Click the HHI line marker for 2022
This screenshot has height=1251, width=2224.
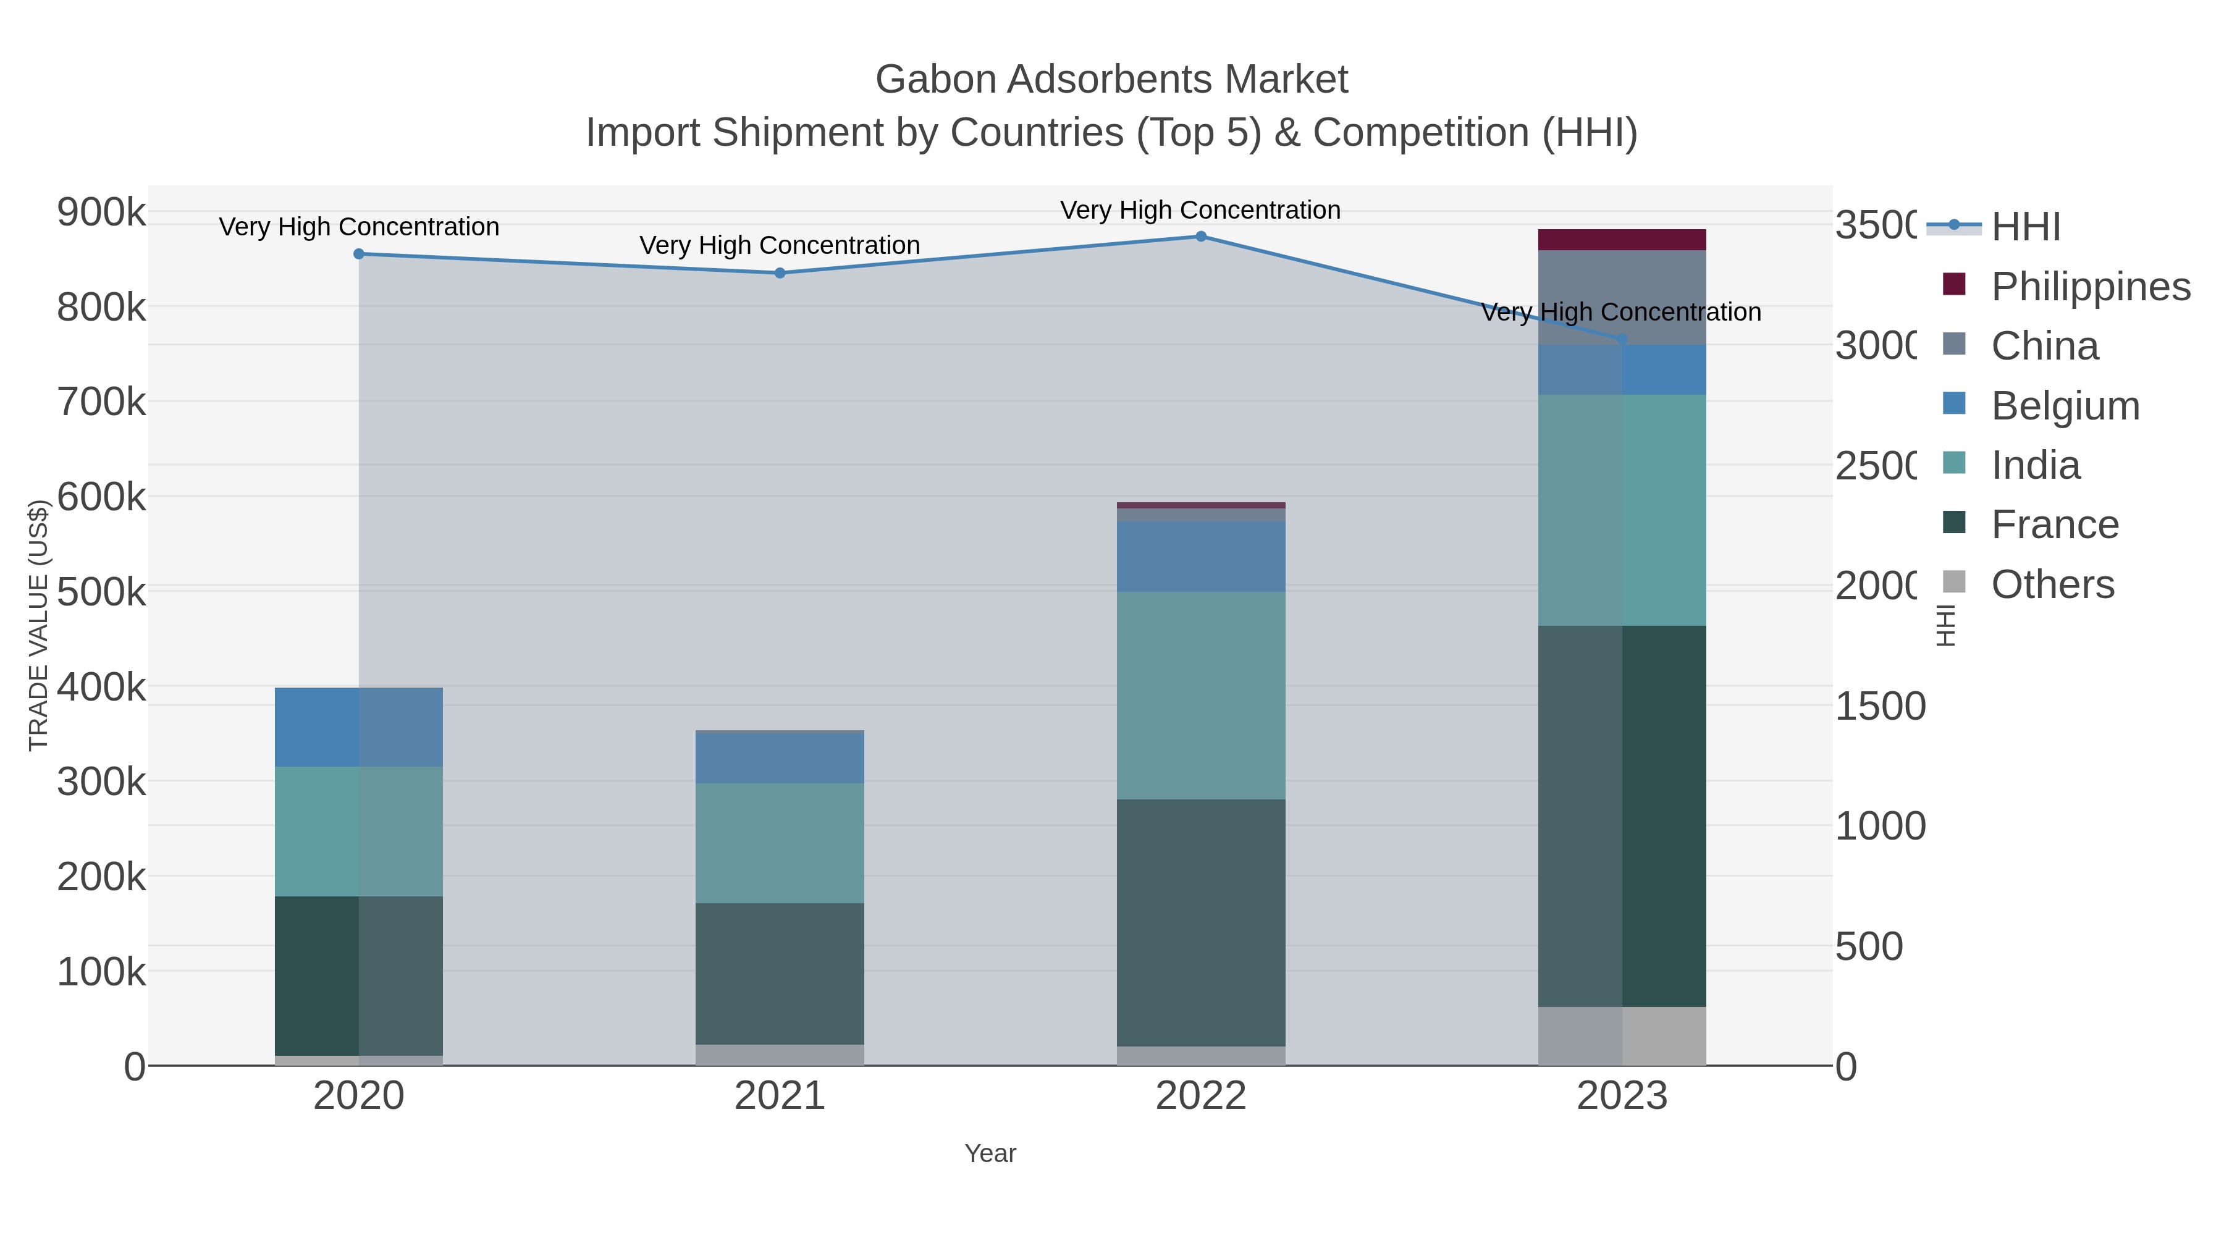(1200, 237)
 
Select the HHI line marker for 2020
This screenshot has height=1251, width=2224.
(359, 254)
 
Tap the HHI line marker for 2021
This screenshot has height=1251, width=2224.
(780, 273)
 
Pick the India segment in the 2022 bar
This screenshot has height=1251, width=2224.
(1200, 695)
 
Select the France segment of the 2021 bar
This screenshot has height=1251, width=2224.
(780, 974)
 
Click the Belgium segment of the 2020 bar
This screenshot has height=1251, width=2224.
(359, 727)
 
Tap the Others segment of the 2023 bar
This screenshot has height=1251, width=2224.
(1622, 1035)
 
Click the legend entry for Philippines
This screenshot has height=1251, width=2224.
(2089, 286)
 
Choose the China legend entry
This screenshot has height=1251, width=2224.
(2044, 345)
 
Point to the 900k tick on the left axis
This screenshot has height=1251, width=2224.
(101, 211)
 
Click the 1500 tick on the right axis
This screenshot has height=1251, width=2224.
(1879, 706)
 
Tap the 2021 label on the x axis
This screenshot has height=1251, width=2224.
(780, 1095)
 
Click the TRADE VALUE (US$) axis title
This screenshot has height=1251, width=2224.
(39, 625)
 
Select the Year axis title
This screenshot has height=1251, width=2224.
(990, 1153)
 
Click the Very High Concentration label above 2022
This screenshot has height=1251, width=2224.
(1200, 210)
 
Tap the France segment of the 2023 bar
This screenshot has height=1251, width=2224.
(1622, 816)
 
